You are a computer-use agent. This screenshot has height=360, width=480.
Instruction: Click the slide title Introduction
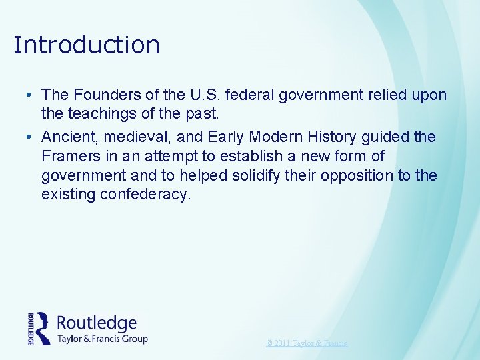[x=87, y=45]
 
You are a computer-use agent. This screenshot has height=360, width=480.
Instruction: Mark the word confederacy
[x=153, y=195]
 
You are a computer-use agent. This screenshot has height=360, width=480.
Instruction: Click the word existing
[x=69, y=195]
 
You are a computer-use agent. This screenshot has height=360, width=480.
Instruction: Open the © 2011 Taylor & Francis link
[x=307, y=343]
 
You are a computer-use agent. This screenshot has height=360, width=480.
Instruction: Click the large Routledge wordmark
[x=97, y=323]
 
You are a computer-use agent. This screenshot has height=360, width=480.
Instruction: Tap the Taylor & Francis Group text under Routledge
[x=102, y=339]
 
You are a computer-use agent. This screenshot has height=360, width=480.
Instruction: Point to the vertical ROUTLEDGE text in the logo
[x=31, y=328]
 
